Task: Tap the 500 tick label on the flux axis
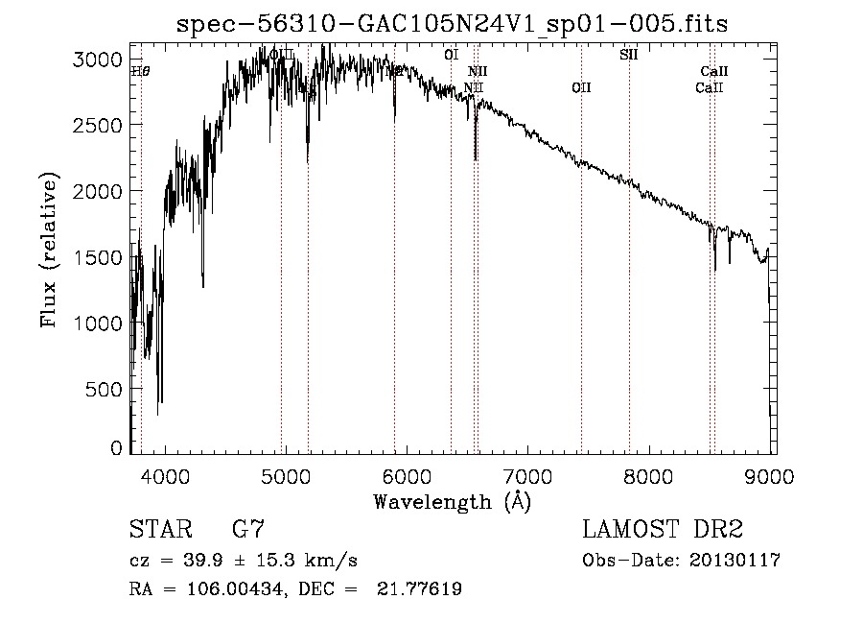pyautogui.click(x=106, y=389)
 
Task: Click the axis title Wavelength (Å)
pyautogui.click(x=452, y=501)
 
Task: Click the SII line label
pyautogui.click(x=629, y=55)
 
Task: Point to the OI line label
pyautogui.click(x=451, y=55)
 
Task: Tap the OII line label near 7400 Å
pyautogui.click(x=581, y=88)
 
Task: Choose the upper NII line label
pyautogui.click(x=478, y=71)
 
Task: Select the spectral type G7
pyautogui.click(x=248, y=529)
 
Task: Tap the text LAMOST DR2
pyautogui.click(x=663, y=529)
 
